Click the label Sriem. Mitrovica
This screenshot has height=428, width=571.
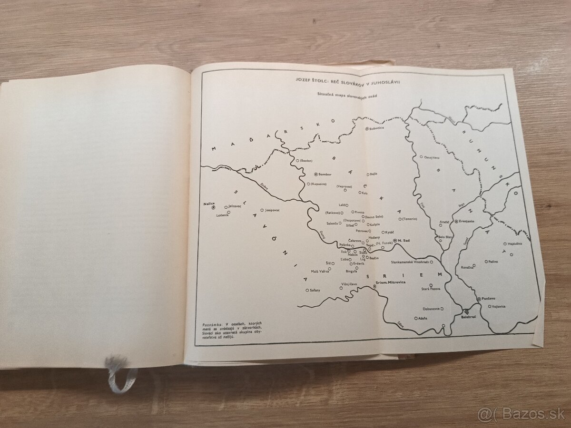click(392, 282)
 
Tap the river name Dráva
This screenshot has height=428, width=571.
click(264, 186)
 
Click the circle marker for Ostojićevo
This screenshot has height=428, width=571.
click(421, 156)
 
